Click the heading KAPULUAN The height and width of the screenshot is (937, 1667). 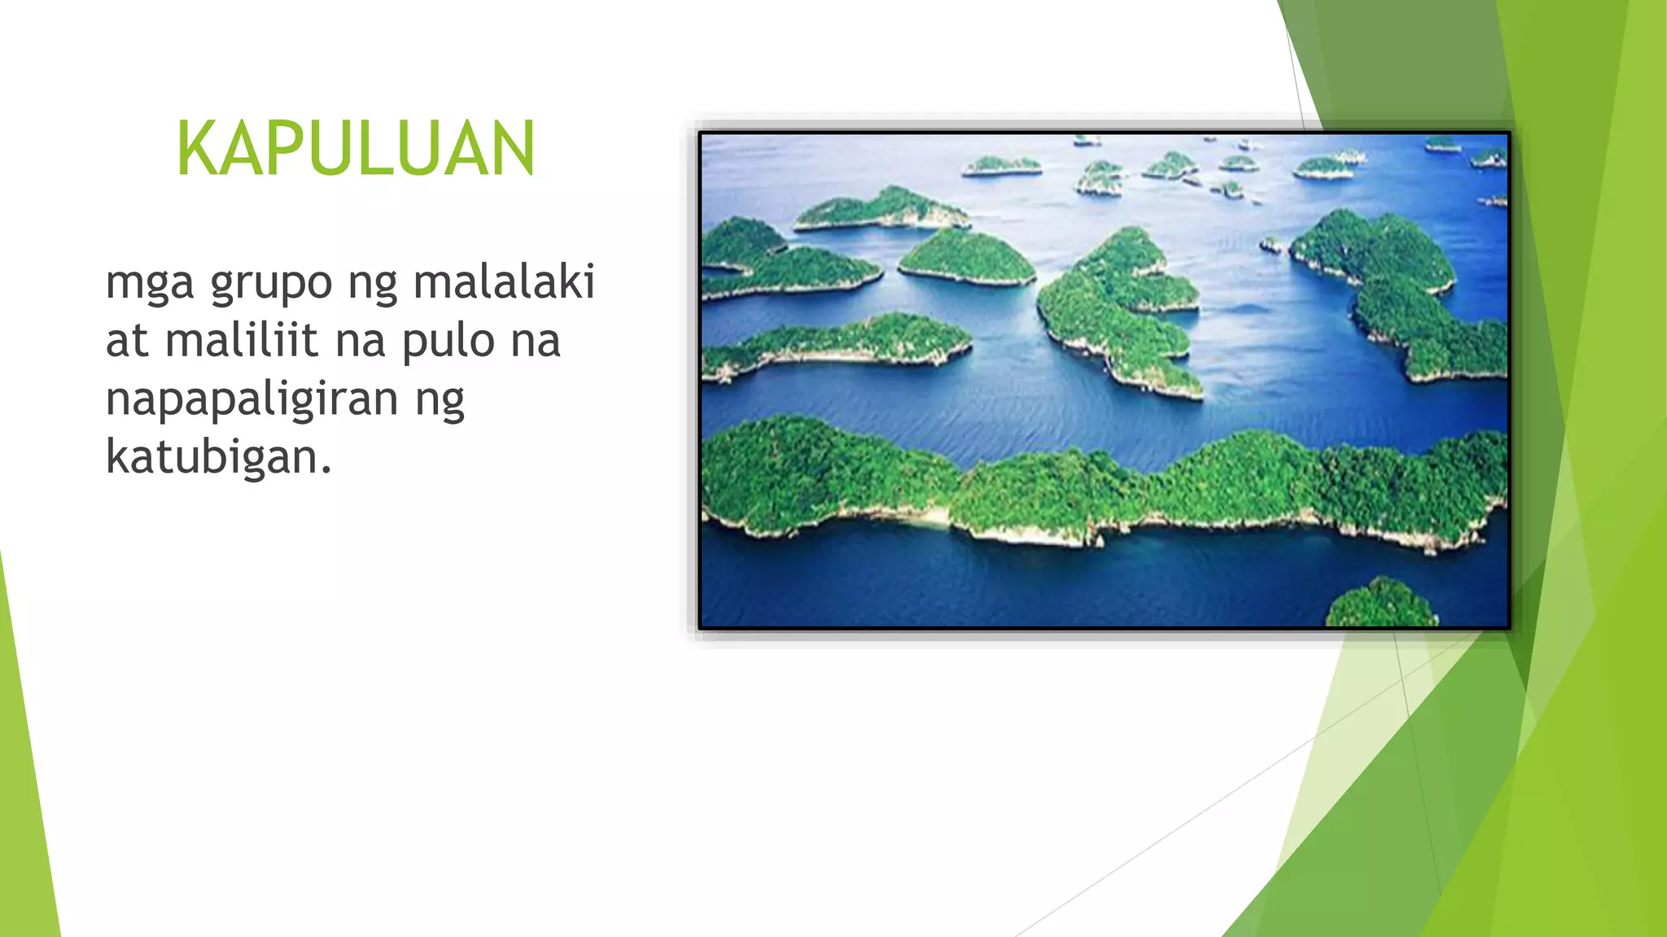tap(356, 148)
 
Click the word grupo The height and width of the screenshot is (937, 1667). tap(271, 283)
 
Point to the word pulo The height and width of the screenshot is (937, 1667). tap(447, 342)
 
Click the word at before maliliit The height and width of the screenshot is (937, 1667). tap(127, 342)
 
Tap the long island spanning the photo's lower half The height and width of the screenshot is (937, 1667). tap(1099, 488)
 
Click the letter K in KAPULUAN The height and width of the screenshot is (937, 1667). tap(196, 148)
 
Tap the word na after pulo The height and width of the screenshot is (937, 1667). tap(536, 342)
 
